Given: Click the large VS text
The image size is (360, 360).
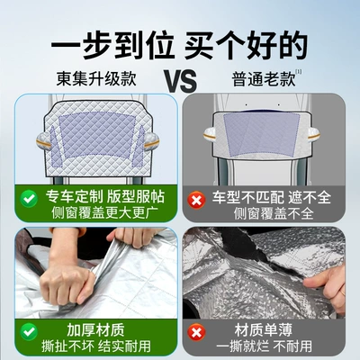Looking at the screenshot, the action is click(182, 81).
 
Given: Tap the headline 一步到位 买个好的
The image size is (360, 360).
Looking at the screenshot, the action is click(179, 45).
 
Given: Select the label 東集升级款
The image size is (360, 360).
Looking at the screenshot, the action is click(96, 78).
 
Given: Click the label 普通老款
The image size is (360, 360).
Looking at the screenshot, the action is click(264, 79).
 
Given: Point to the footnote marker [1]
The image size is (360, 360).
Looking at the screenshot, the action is click(299, 72).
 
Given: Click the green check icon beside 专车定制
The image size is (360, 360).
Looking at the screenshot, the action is click(29, 199).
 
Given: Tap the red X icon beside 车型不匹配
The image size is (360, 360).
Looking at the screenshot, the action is click(196, 200).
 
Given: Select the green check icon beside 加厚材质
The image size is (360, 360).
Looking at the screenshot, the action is click(29, 332).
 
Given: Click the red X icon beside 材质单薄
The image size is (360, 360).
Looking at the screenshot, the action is click(196, 333).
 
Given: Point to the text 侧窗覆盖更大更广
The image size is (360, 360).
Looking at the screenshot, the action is click(104, 212).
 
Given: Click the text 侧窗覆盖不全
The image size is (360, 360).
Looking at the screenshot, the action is click(274, 213).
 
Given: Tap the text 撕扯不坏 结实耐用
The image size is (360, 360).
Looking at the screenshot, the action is click(96, 346).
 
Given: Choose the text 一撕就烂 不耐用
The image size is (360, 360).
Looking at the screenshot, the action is click(264, 346).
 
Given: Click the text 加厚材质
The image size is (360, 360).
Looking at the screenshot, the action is click(96, 330).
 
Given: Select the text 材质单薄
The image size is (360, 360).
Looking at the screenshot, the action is click(264, 330).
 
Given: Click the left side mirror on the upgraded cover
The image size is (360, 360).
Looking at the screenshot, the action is click(43, 140).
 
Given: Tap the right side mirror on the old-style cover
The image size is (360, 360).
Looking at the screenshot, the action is click(312, 135).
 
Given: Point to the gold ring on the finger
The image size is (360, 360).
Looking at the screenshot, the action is click(343, 292).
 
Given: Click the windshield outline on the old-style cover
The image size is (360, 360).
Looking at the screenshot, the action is click(262, 134).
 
